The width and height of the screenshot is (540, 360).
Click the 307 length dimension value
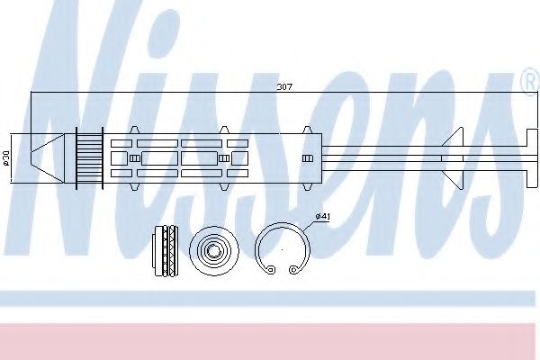284,86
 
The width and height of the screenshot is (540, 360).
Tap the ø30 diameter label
7,158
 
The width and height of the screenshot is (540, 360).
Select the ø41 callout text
323,216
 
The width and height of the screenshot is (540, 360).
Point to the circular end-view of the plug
214,250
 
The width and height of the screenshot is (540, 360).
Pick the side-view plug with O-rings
166,250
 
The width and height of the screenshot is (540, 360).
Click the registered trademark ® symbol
531,81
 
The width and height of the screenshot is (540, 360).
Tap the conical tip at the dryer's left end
47,158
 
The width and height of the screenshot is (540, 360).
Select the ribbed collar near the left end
89,158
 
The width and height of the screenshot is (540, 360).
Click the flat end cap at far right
532,158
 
